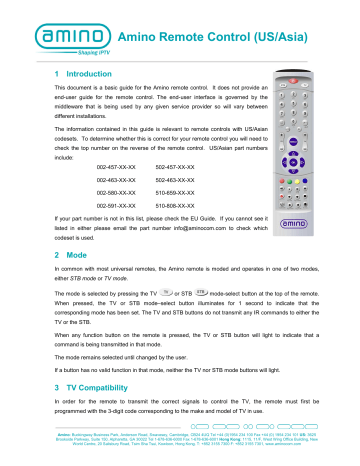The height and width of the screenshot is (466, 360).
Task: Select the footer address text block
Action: pyautogui.click(x=180, y=453)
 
